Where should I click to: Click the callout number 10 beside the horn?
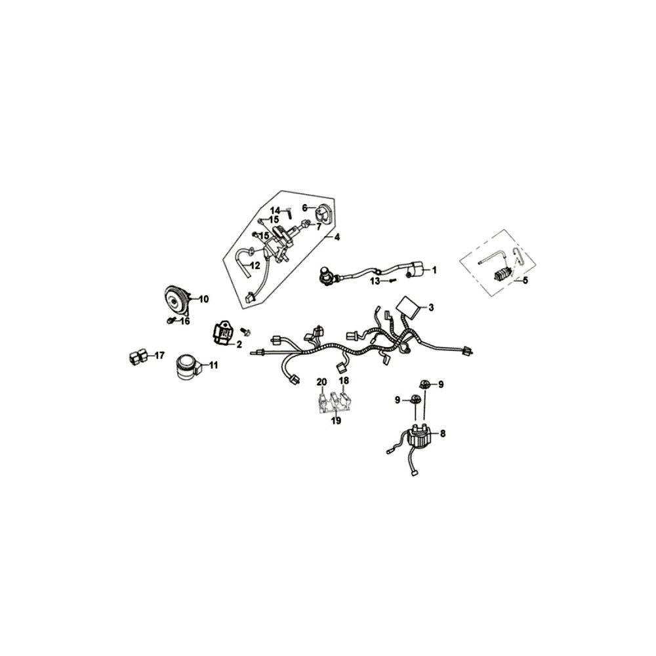[203, 299]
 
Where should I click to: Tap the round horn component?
[176, 300]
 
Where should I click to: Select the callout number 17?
[159, 356]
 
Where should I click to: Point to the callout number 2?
[239, 345]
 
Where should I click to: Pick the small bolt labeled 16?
[171, 321]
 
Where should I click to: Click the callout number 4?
[337, 237]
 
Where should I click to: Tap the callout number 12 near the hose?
[255, 265]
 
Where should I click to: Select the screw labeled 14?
[289, 213]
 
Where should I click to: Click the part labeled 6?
[322, 212]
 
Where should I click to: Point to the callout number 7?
[318, 227]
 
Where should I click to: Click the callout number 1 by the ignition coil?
[434, 270]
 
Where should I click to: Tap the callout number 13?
[375, 281]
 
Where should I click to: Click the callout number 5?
[525, 280]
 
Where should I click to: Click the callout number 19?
[336, 421]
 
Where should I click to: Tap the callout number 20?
[321, 382]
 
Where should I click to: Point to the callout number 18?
[344, 380]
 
